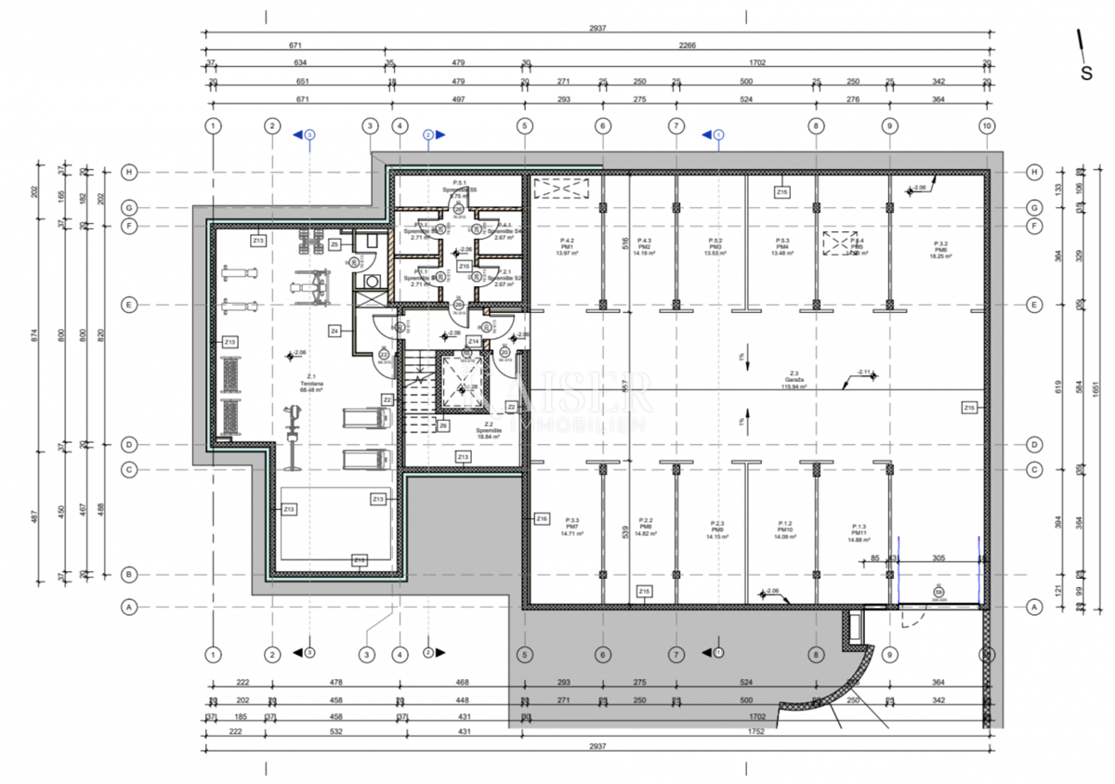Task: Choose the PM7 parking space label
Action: [572, 526]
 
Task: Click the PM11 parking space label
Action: [858, 531]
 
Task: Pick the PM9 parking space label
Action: [717, 530]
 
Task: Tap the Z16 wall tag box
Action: [543, 517]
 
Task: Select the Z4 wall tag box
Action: [334, 330]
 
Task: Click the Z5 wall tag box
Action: [334, 243]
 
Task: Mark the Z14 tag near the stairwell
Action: [473, 342]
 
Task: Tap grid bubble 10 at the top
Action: [986, 125]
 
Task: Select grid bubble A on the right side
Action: [1034, 607]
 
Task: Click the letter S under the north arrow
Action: [1085, 73]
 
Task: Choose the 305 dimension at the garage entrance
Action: [938, 558]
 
